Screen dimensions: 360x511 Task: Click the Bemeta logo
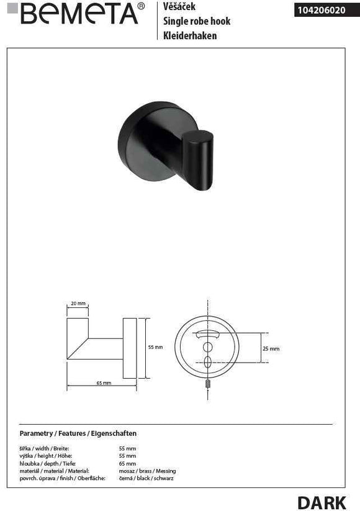click(x=76, y=13)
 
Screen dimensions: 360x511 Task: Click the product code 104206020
click(x=322, y=11)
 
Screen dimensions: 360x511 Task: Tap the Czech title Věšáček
click(x=179, y=6)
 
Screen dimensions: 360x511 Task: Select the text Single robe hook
click(x=197, y=21)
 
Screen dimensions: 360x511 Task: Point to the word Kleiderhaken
click(x=190, y=35)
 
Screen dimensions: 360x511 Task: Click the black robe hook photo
click(x=166, y=146)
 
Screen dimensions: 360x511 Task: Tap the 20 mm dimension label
click(x=78, y=304)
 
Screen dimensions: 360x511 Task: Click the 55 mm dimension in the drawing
click(x=155, y=348)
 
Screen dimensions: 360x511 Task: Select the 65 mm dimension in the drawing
click(x=104, y=383)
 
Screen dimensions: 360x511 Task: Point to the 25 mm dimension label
click(x=271, y=349)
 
